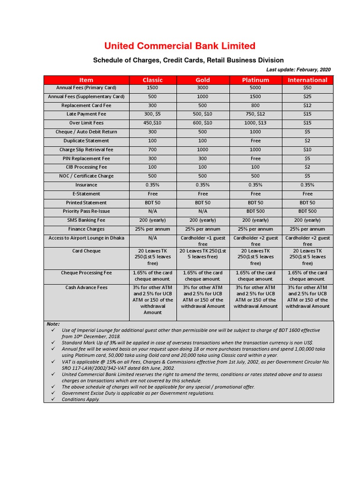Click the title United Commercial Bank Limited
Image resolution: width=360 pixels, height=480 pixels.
[180, 45]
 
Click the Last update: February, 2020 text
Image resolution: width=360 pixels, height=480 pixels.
[298, 69]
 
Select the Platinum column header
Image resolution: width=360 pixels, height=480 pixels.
[255, 80]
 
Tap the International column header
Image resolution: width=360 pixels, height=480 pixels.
[307, 80]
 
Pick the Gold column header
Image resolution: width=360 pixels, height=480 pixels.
[202, 80]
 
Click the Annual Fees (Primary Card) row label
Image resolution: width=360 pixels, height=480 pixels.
[86, 88]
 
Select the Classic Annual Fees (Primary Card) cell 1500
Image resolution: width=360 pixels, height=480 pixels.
[152, 88]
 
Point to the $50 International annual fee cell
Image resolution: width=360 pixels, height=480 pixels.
[307, 88]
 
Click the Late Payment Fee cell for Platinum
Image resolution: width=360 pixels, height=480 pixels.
[255, 114]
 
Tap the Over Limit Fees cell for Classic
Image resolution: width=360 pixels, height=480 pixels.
[152, 123]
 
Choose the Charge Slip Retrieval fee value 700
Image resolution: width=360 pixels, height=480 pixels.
[152, 150]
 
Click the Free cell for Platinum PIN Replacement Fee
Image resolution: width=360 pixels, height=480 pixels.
[255, 158]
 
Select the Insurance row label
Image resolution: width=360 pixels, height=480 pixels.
[86, 185]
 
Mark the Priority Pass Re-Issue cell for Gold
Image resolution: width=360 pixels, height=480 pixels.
[202, 211]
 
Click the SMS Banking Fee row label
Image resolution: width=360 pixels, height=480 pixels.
[86, 220]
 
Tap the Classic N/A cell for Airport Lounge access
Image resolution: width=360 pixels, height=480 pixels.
[152, 238]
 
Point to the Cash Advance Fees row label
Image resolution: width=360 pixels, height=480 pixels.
[86, 287]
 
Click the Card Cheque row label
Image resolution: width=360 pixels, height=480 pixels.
[86, 251]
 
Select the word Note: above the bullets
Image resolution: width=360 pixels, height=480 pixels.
[53, 324]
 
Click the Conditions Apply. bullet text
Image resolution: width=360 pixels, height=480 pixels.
[81, 399]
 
